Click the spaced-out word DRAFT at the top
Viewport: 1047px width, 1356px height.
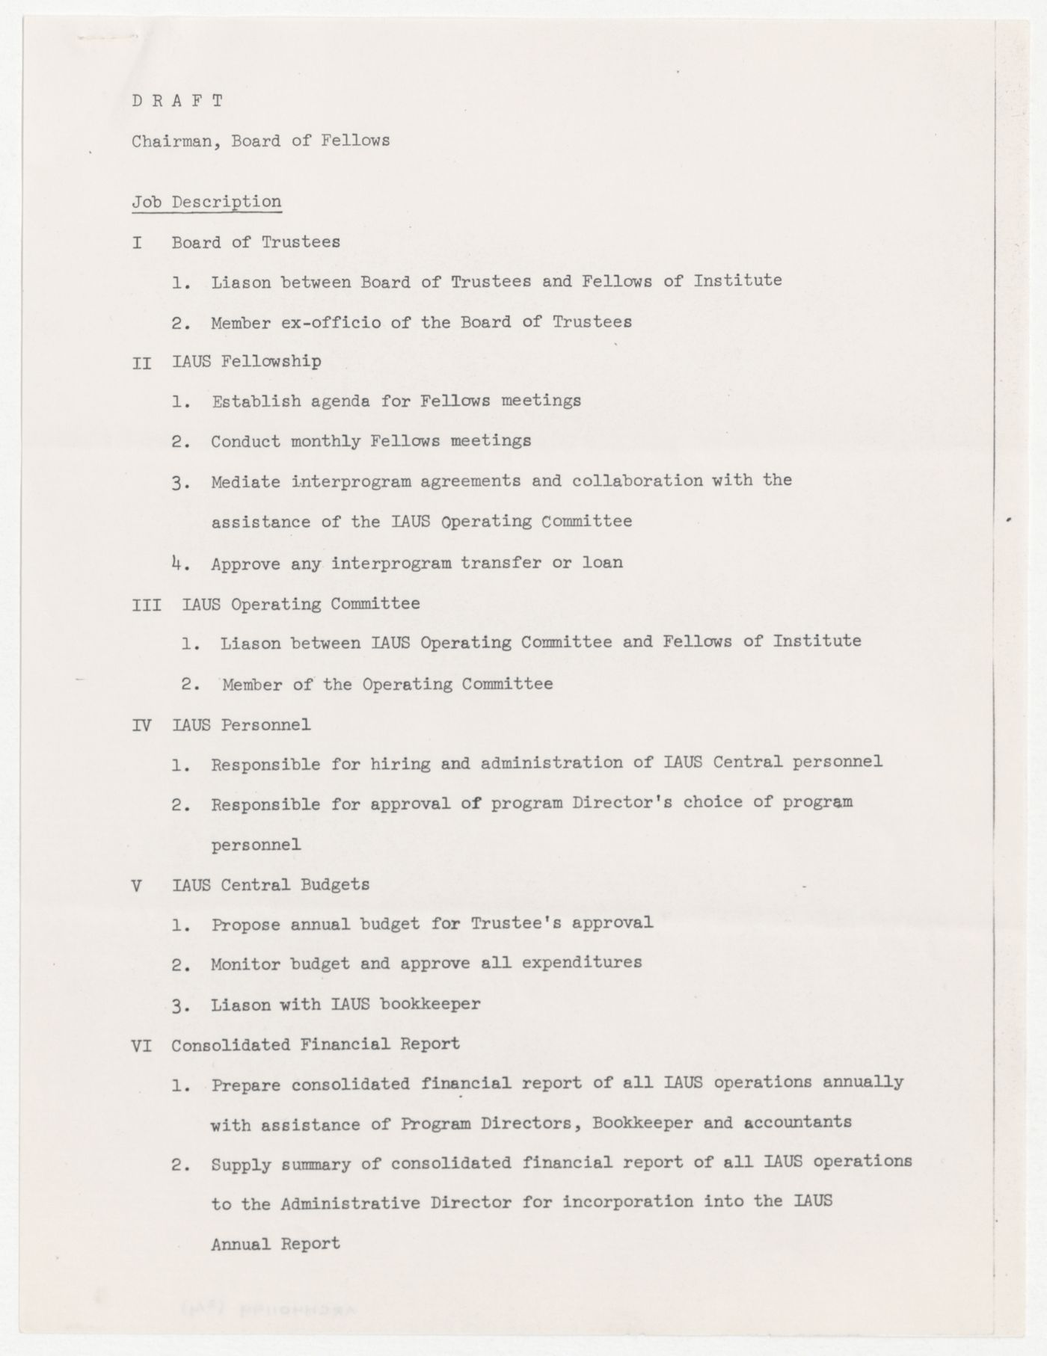point(177,101)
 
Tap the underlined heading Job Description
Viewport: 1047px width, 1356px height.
point(206,202)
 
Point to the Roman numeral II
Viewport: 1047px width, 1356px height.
point(141,363)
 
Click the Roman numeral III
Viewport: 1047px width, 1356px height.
point(146,605)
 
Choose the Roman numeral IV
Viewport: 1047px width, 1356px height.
point(141,725)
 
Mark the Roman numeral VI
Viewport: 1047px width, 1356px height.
point(141,1046)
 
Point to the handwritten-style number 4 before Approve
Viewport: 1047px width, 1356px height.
point(176,562)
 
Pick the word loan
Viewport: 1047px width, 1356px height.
point(602,562)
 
